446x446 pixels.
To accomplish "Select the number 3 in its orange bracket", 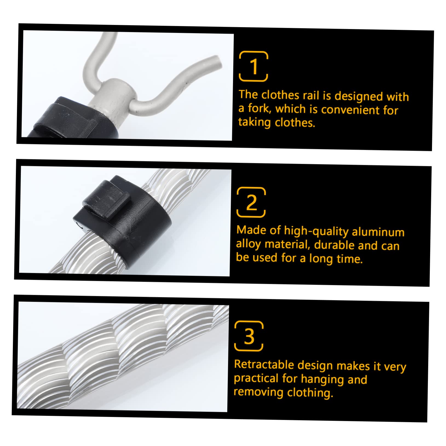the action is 249,336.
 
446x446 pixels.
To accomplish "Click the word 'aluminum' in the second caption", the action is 378,232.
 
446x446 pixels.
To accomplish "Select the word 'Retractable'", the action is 264,365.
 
